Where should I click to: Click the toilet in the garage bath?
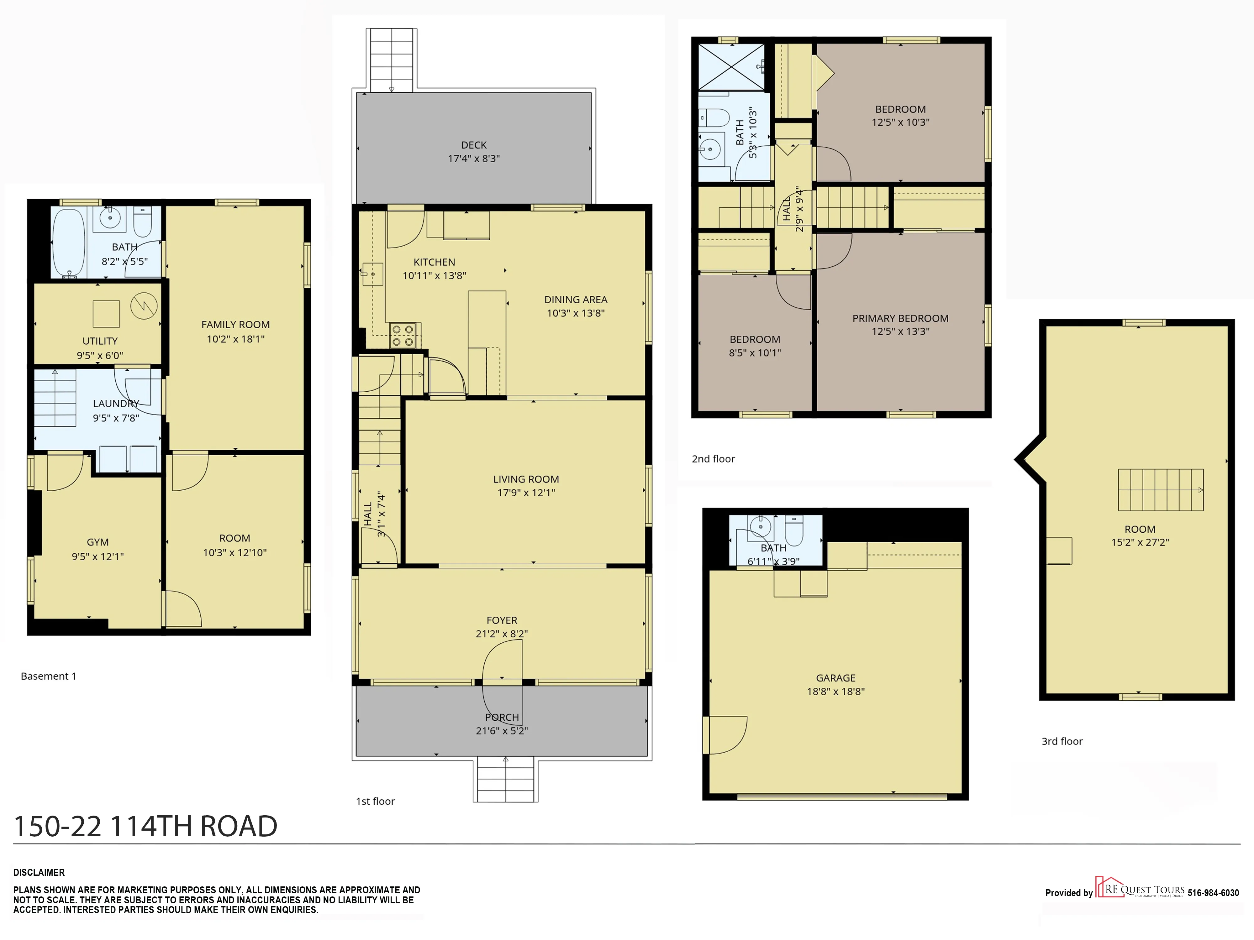794,531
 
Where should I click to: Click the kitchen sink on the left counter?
372,274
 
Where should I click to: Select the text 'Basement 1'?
48,676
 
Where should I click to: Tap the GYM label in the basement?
97,542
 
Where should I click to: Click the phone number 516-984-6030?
1213,893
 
